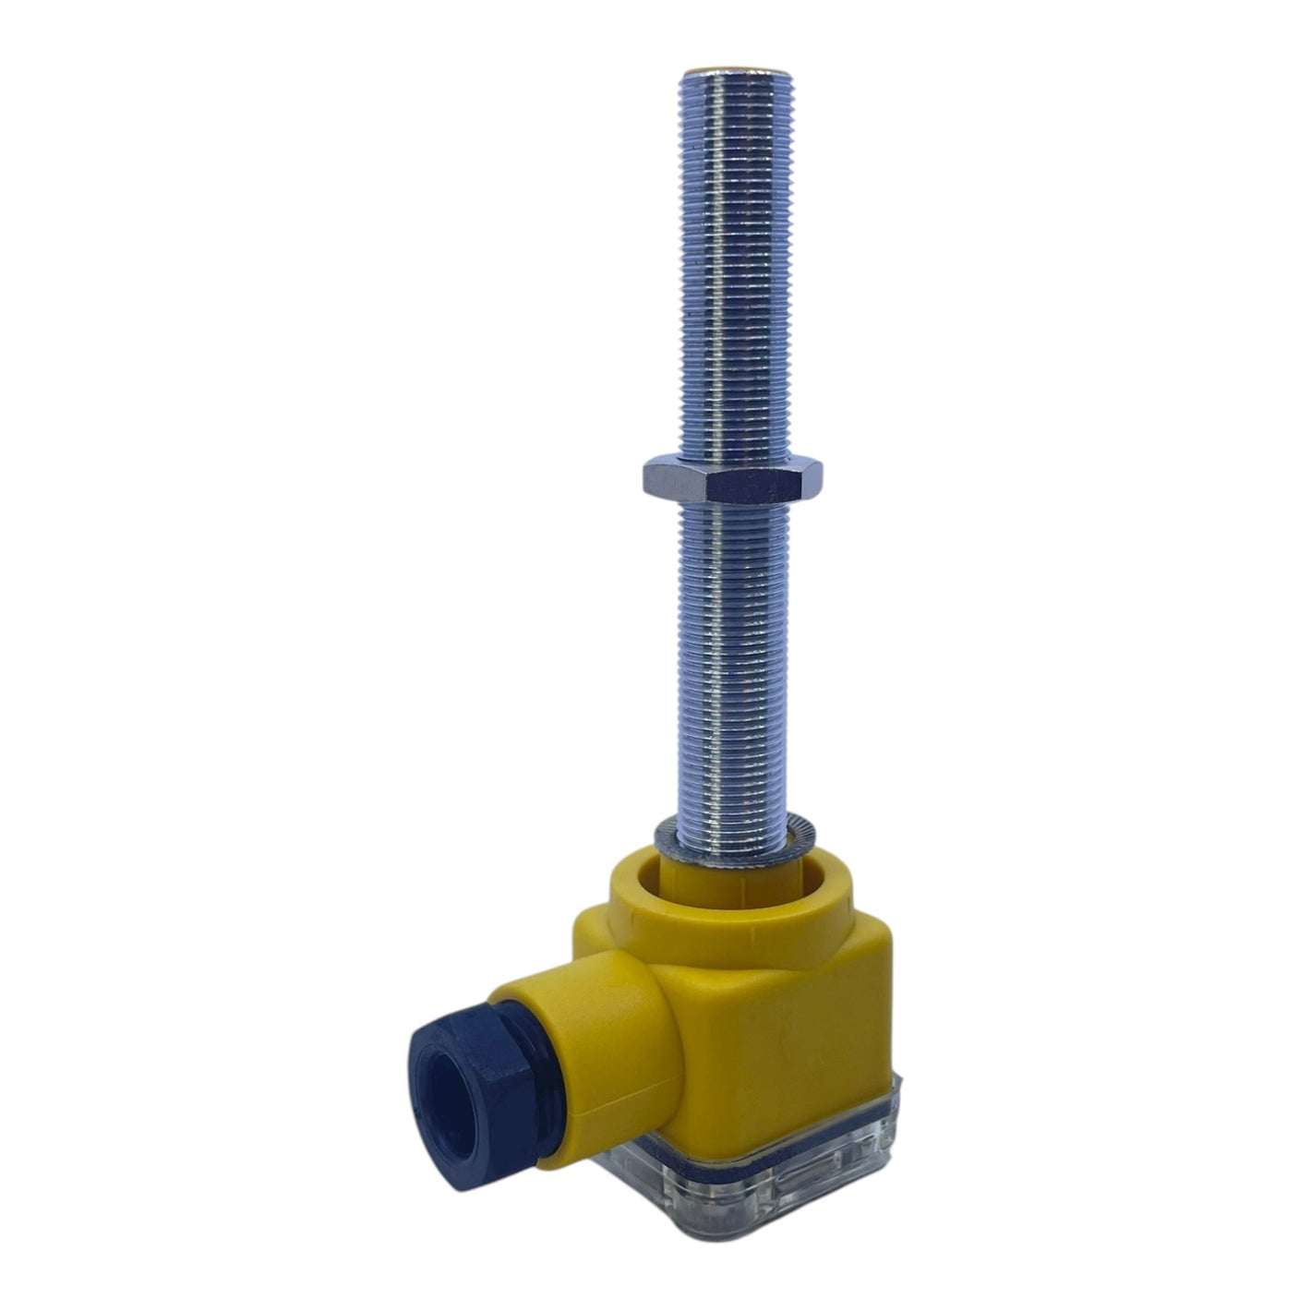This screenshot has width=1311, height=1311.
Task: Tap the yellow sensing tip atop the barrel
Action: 735,69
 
